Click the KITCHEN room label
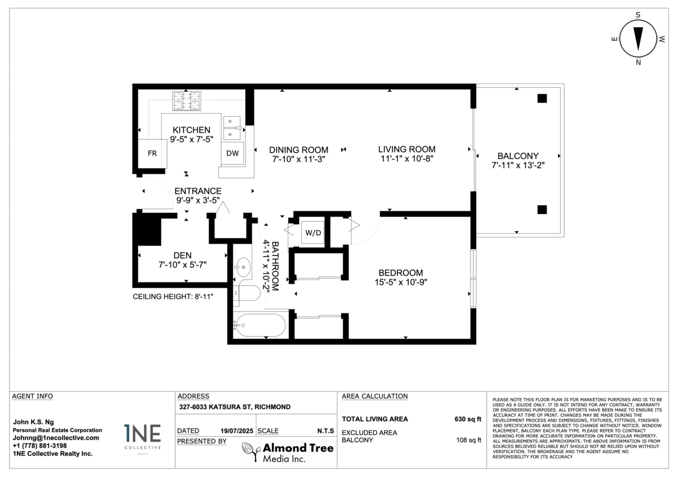[191, 130]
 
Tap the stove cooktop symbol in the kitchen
[187, 101]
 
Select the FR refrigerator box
[152, 153]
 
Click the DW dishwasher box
[232, 153]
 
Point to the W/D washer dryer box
[313, 232]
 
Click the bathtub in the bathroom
[260, 325]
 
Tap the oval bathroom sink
[243, 267]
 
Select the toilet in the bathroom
[247, 293]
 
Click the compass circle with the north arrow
[638, 39]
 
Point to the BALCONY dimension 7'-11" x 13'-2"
[518, 165]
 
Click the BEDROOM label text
[401, 273]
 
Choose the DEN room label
[182, 255]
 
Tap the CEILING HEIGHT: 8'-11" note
[173, 296]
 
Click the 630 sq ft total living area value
[468, 419]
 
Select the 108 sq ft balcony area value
[468, 440]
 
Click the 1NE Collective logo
[142, 439]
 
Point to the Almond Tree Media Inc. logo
[288, 452]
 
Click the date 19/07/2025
[236, 431]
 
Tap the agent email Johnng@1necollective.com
[56, 438]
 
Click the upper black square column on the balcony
[542, 99]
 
